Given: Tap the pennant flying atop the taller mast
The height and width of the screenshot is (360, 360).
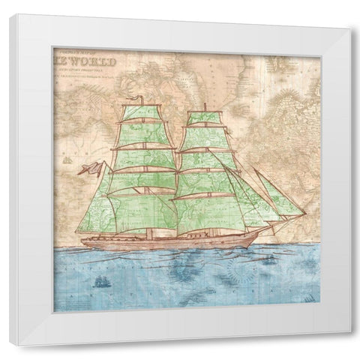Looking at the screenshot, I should tap(134, 100).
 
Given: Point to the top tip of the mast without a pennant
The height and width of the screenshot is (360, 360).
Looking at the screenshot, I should tap(204, 103).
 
